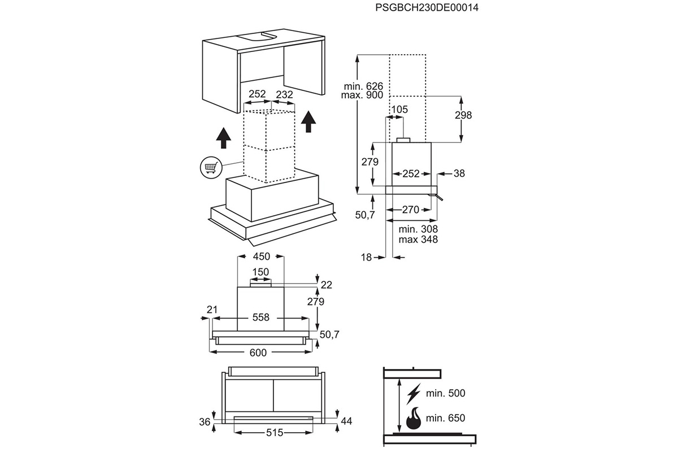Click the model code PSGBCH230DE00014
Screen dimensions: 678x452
tap(427, 7)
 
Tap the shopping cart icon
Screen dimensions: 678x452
tap(211, 167)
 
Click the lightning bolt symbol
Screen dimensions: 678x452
tap(414, 394)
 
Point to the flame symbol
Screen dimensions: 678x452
tap(414, 418)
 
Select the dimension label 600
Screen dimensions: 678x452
tap(258, 353)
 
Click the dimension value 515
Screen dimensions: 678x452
tap(275, 433)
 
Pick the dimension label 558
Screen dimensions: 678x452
tap(260, 318)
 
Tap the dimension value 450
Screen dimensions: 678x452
tap(261, 257)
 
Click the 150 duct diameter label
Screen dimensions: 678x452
tap(260, 272)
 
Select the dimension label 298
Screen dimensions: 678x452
tap(463, 115)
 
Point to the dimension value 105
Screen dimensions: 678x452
tap(399, 109)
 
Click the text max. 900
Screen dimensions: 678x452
tap(362, 95)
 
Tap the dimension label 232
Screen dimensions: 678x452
tap(284, 94)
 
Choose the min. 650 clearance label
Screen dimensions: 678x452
tap(445, 418)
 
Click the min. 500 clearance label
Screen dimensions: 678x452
tap(445, 393)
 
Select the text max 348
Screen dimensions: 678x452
tap(418, 240)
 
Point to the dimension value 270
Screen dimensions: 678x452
tap(410, 210)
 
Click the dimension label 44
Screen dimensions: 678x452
tap(346, 421)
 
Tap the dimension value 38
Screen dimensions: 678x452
tap(459, 173)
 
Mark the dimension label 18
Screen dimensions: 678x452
tap(366, 257)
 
